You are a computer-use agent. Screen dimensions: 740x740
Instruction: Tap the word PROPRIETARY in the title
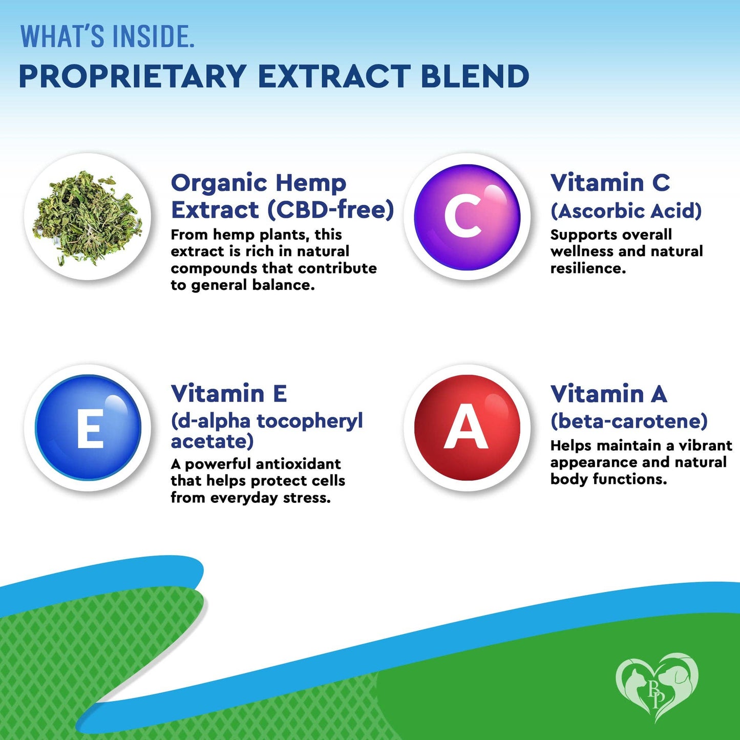click(133, 77)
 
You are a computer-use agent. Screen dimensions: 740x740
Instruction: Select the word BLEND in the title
click(475, 77)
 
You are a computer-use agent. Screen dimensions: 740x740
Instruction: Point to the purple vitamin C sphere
click(467, 217)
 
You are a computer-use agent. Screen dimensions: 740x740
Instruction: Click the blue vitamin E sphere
click(88, 428)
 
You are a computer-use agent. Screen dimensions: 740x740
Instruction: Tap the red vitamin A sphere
click(467, 428)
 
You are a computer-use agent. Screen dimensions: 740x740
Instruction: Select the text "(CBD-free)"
click(331, 210)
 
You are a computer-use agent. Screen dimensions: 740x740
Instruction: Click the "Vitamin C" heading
click(610, 183)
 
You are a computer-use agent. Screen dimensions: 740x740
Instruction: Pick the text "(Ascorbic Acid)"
click(626, 211)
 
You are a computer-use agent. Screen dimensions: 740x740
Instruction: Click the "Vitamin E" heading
click(229, 394)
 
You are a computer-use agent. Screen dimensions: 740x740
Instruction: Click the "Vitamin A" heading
click(609, 394)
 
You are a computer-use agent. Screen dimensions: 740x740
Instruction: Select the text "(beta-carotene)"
click(629, 421)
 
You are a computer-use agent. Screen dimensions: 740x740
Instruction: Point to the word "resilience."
click(588, 268)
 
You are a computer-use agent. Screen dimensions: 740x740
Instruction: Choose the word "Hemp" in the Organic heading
click(310, 183)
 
